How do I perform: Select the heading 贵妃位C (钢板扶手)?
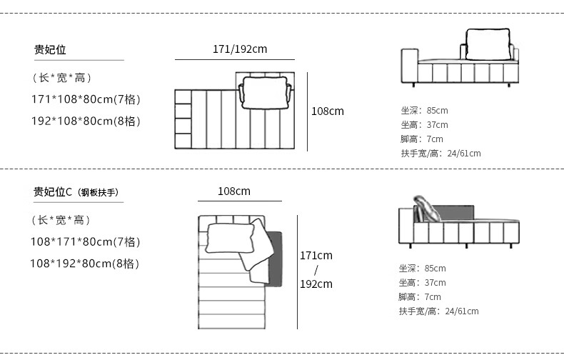click(75, 191)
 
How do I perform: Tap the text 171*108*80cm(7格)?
click(85, 99)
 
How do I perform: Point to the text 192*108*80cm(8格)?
click(85, 121)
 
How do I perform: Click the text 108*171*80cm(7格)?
click(85, 241)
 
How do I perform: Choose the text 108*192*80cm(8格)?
click(85, 264)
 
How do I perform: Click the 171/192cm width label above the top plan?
click(240, 49)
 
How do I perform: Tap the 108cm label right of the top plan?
click(327, 111)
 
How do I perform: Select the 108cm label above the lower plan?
click(234, 191)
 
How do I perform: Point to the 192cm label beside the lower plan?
click(316, 284)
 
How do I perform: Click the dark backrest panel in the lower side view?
click(455, 213)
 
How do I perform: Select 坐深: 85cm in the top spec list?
click(424, 111)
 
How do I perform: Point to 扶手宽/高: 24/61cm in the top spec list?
click(440, 154)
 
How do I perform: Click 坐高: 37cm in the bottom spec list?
click(422, 283)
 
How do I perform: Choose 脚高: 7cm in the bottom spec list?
click(420, 297)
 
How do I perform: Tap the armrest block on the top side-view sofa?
click(408, 66)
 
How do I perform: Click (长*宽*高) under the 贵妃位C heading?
click(61, 220)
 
